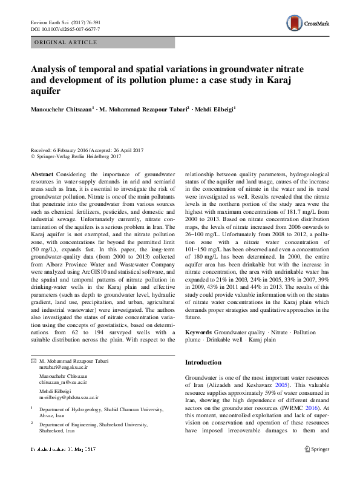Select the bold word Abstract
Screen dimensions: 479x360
click(x=42, y=173)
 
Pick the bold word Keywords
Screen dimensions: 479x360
click(x=198, y=332)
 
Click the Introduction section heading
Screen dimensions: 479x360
click(x=203, y=362)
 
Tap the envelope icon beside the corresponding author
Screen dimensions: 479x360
click(x=33, y=361)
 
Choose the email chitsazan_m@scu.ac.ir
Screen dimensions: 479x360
click(x=63, y=383)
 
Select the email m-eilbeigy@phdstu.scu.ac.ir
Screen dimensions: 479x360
click(x=68, y=397)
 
